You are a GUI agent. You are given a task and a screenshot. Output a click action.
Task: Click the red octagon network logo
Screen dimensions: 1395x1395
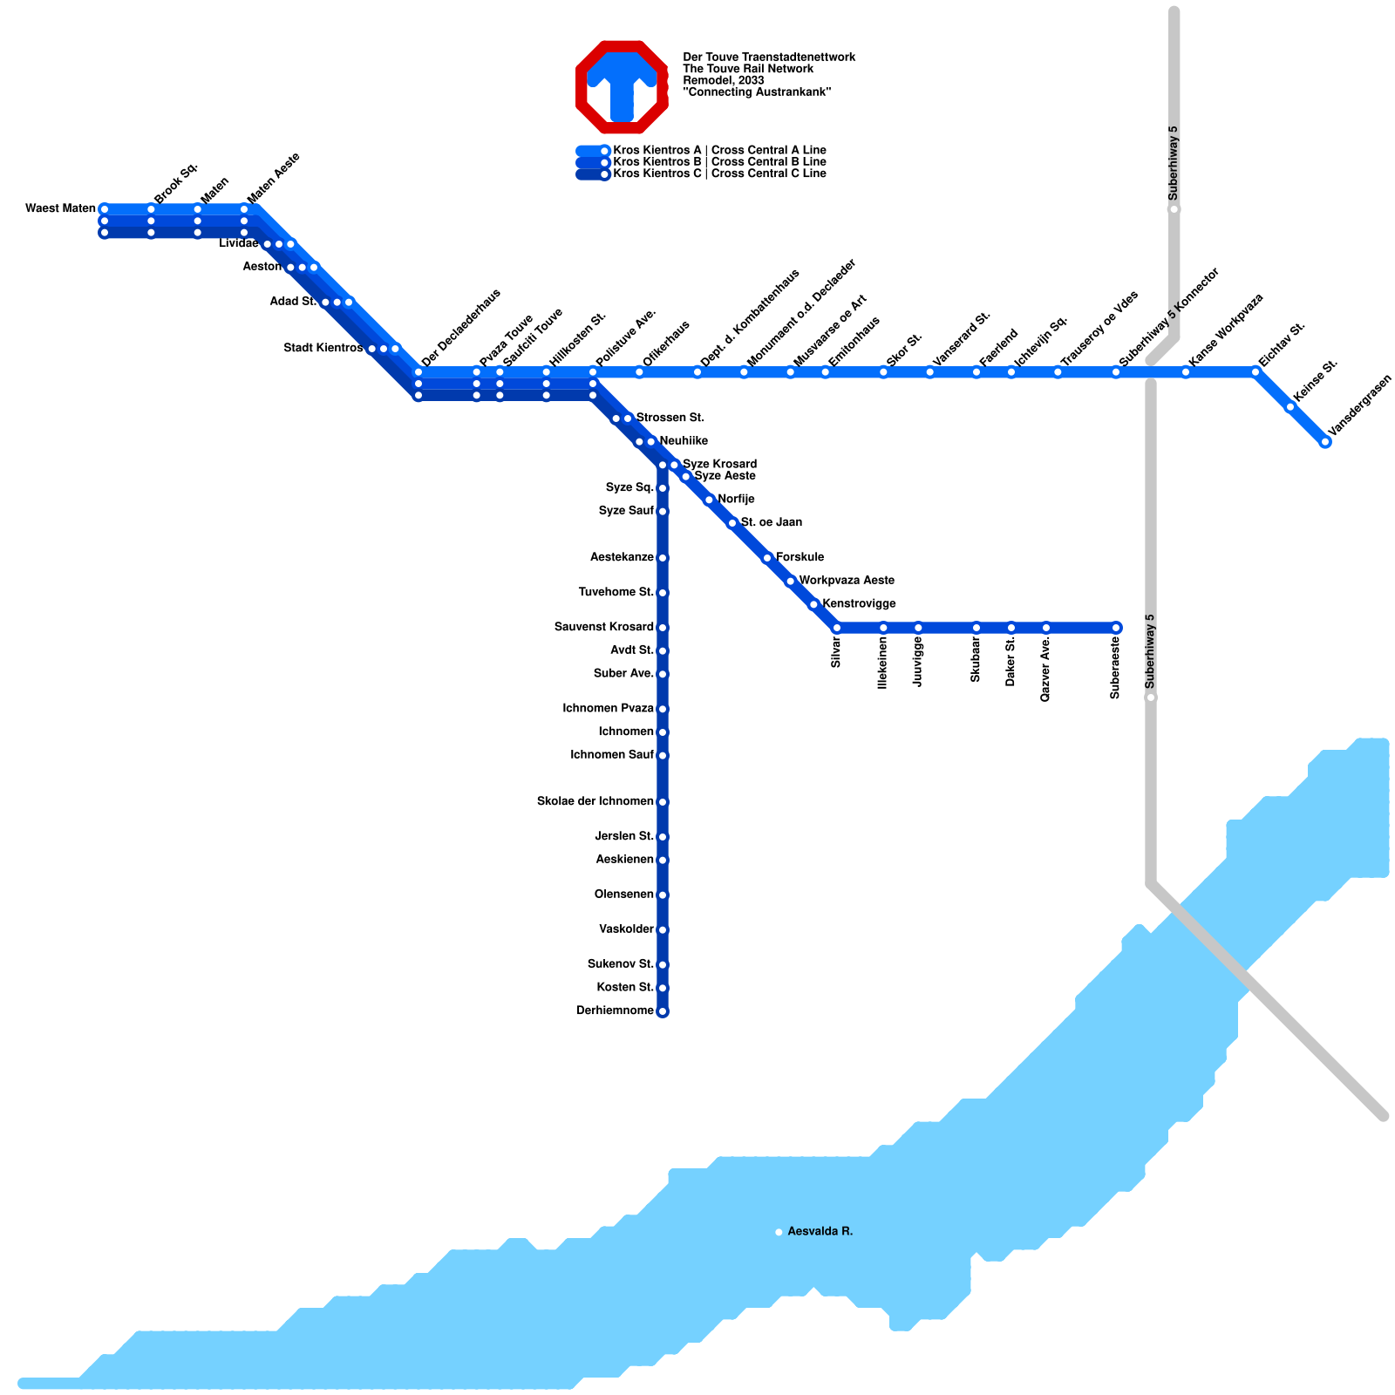point(622,86)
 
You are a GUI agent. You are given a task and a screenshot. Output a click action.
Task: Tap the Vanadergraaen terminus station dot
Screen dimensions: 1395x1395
point(1325,442)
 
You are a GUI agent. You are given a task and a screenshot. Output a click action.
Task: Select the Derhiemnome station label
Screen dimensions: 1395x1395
point(615,1011)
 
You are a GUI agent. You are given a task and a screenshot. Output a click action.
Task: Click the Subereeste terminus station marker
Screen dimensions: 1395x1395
point(1116,628)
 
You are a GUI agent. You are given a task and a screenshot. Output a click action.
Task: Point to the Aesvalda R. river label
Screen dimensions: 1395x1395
point(820,1232)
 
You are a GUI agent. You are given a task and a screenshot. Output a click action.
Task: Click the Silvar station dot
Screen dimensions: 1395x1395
point(837,628)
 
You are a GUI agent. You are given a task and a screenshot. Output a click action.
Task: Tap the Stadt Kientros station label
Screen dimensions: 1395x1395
point(323,349)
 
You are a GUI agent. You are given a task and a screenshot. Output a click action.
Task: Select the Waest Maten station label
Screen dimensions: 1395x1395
point(60,208)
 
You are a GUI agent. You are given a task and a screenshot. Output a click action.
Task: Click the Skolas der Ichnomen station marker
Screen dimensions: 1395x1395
point(663,802)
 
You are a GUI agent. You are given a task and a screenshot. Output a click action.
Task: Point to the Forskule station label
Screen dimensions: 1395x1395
point(800,557)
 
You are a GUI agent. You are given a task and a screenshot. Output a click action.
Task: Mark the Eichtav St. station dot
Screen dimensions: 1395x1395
point(1255,372)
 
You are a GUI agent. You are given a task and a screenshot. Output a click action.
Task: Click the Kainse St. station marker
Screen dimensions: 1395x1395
point(1290,407)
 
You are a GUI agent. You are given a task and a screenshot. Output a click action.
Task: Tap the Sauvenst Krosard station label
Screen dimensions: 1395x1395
point(603,628)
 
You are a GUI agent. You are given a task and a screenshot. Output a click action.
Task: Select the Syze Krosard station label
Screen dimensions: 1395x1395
point(719,464)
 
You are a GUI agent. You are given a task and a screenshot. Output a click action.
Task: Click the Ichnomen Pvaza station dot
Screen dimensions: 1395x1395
point(663,709)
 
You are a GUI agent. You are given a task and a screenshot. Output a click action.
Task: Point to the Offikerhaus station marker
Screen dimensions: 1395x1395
point(639,372)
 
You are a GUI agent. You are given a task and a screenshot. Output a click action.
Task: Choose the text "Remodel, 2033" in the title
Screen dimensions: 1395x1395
point(724,80)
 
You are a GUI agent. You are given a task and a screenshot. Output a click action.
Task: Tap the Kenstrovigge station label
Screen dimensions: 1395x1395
point(859,604)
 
